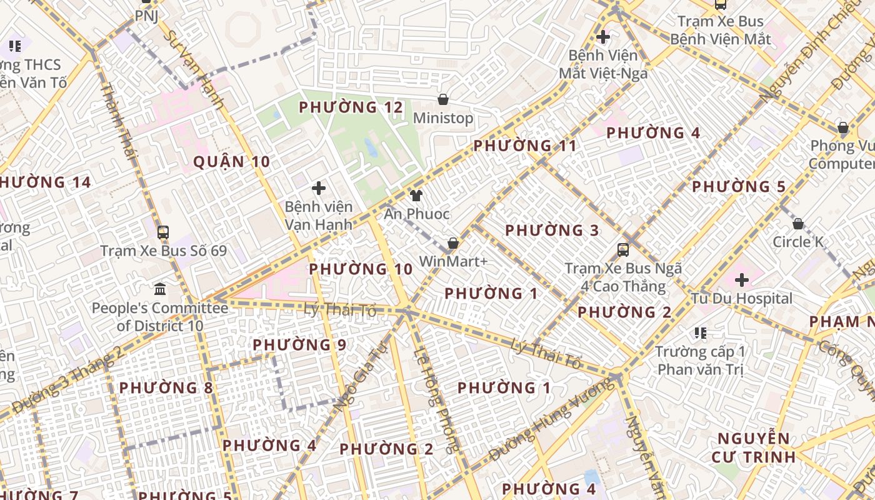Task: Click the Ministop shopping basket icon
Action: tap(443, 99)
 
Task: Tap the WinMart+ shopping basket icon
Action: tap(453, 243)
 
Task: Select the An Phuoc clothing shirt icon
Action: tap(416, 196)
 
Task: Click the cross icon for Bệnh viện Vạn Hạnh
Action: tap(319, 187)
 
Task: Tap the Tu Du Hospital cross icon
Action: tap(742, 280)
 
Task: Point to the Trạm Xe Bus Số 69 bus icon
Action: tap(163, 232)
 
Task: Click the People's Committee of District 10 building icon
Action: tap(160, 289)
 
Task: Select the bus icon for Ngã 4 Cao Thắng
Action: tap(623, 250)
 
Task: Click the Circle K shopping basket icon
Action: tap(798, 224)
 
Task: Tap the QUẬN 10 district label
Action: tap(231, 162)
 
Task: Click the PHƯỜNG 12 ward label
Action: tap(351, 107)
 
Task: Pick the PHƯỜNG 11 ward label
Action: tap(525, 146)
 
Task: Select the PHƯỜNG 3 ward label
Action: tap(552, 231)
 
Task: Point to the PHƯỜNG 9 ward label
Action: tap(299, 345)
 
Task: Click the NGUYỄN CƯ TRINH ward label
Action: tap(753, 447)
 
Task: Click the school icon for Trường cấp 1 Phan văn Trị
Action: tap(700, 333)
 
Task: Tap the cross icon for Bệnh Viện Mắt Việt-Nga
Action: tap(603, 37)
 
